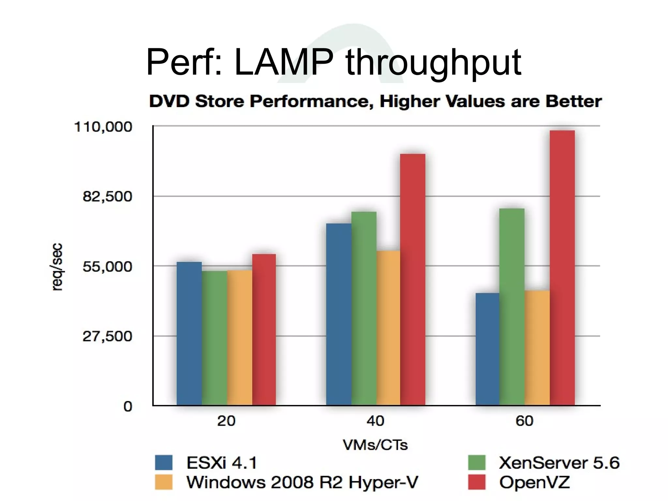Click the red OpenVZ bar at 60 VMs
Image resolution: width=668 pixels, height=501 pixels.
point(562,268)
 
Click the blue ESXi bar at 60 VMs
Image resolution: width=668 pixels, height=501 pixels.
point(487,349)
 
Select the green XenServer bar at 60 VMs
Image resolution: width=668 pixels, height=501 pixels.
point(512,307)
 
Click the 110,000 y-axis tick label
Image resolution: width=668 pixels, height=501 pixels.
point(103,127)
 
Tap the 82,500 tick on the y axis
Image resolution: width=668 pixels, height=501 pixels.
point(107,196)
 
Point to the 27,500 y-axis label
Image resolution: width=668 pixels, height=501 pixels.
point(107,336)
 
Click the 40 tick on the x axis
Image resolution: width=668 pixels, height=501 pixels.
point(375,421)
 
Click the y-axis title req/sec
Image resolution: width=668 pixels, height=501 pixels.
point(57,267)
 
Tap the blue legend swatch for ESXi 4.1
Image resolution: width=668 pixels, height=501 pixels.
point(163,462)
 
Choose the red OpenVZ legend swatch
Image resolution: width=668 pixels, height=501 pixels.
point(477,482)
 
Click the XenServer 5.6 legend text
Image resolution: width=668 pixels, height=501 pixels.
point(559,462)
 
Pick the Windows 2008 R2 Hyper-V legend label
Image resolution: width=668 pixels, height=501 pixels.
point(302,482)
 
